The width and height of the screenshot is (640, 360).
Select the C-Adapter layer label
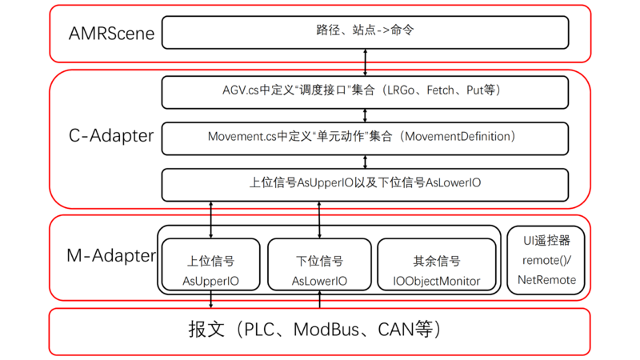coord(111,136)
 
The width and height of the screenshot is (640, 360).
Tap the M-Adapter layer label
coord(111,256)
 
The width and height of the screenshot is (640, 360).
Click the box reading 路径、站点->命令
coord(365,32)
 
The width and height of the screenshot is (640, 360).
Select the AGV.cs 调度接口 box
coord(365,91)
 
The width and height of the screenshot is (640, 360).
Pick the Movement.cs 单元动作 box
coord(365,137)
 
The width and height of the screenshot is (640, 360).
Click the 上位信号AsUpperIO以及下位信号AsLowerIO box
coord(365,183)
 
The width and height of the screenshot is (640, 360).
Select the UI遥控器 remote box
coord(546,260)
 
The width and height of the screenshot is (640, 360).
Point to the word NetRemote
coord(546,280)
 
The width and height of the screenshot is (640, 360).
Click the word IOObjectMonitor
coord(437,281)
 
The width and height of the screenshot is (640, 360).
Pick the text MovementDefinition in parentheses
coord(458,137)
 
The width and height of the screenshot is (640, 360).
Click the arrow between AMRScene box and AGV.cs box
coord(366,62)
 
